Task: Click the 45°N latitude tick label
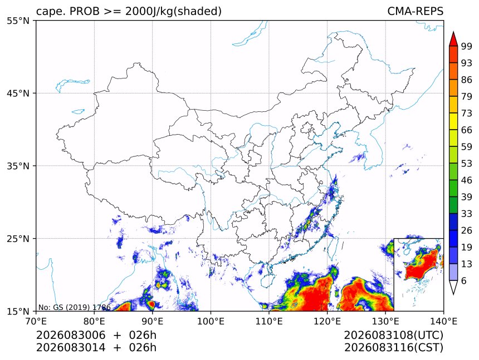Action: tap(18, 93)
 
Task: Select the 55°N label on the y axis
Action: tap(18, 21)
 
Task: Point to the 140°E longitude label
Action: tap(443, 321)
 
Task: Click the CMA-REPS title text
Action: tap(415, 11)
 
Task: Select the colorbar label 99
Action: tap(467, 46)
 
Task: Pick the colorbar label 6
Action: tap(464, 280)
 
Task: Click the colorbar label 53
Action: tap(467, 164)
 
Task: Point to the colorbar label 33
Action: tap(467, 214)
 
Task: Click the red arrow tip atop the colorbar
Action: tap(453, 32)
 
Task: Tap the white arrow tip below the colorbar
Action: tap(453, 294)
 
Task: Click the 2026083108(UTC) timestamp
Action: tap(393, 335)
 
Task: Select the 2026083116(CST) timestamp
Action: tap(393, 348)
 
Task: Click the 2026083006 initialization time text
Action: tap(71, 335)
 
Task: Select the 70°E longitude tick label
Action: tap(36, 321)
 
